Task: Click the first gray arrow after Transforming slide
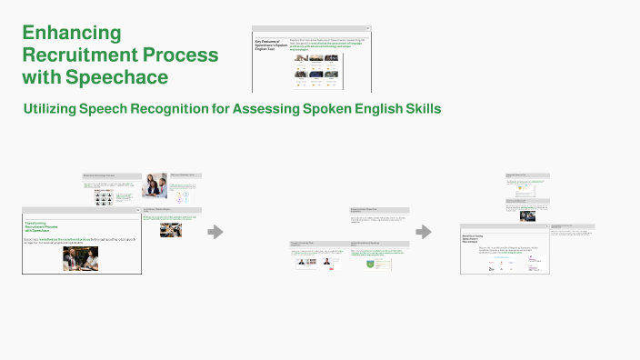point(215,232)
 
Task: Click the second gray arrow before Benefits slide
point(424,232)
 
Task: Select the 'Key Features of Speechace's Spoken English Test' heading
point(270,47)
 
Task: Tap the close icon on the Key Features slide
point(368,28)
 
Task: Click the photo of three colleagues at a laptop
point(154,186)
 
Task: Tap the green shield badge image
point(371,264)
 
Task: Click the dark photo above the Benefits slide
point(526,216)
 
